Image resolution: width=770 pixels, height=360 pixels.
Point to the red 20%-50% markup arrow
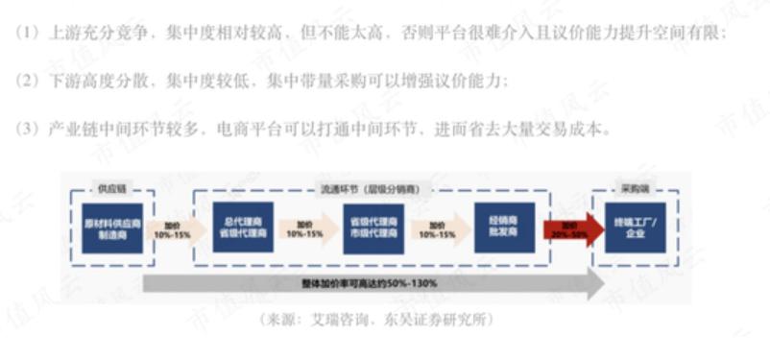click(x=568, y=230)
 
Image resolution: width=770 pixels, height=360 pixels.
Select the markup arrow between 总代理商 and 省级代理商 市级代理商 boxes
click(x=304, y=230)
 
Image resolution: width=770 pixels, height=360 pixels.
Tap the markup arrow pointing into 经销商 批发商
click(x=437, y=230)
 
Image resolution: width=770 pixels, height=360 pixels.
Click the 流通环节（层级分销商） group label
click(x=371, y=189)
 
